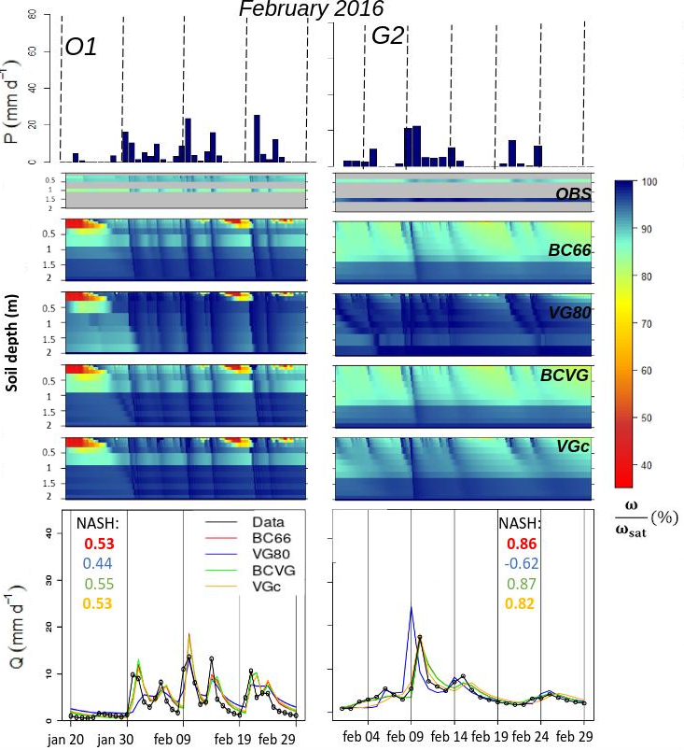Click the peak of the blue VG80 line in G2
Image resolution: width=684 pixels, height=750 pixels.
tap(412, 608)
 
